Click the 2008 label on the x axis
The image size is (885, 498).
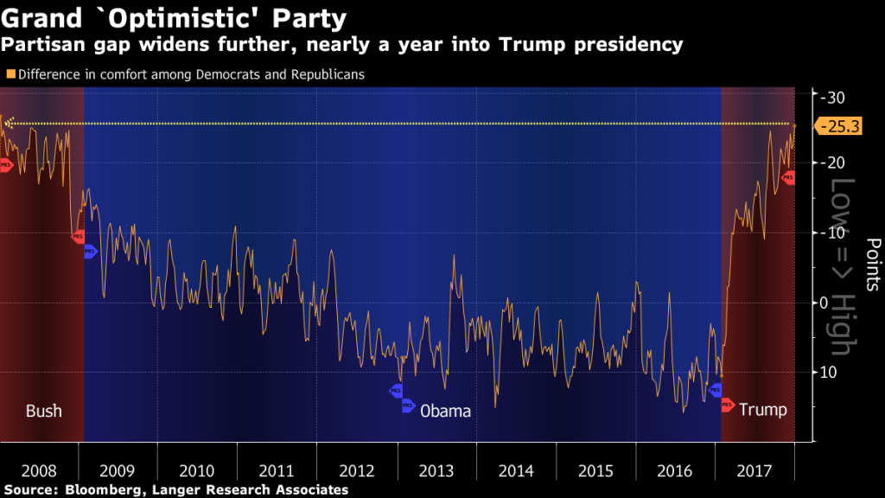(x=39, y=471)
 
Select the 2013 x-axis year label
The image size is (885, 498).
(x=436, y=471)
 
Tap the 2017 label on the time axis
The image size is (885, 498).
(x=754, y=471)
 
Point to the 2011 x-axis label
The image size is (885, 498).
(x=277, y=471)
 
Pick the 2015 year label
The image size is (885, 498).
(x=595, y=471)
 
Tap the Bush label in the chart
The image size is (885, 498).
(x=43, y=411)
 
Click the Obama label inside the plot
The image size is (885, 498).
(x=445, y=411)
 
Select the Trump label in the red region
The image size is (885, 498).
(x=763, y=410)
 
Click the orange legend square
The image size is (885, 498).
(x=10, y=74)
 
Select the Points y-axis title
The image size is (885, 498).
(x=872, y=265)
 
